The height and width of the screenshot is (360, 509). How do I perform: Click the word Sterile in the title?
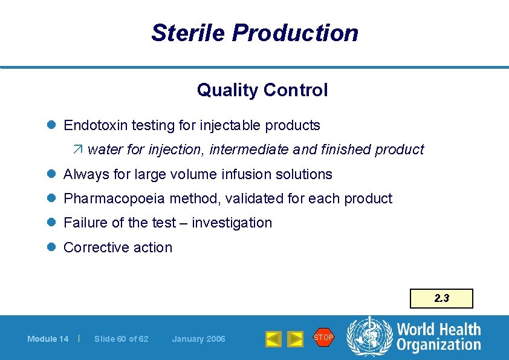(187, 33)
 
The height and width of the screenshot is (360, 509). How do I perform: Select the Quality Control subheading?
(262, 90)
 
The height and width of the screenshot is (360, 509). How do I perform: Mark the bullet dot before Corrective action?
(53, 247)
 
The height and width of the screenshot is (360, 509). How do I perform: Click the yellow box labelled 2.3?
(441, 298)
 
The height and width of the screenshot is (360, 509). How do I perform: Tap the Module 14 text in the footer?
(48, 339)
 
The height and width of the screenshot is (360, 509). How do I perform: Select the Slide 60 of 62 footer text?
(121, 339)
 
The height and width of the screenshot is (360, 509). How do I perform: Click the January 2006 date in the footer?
(198, 339)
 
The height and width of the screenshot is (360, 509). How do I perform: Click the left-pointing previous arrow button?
(273, 339)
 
